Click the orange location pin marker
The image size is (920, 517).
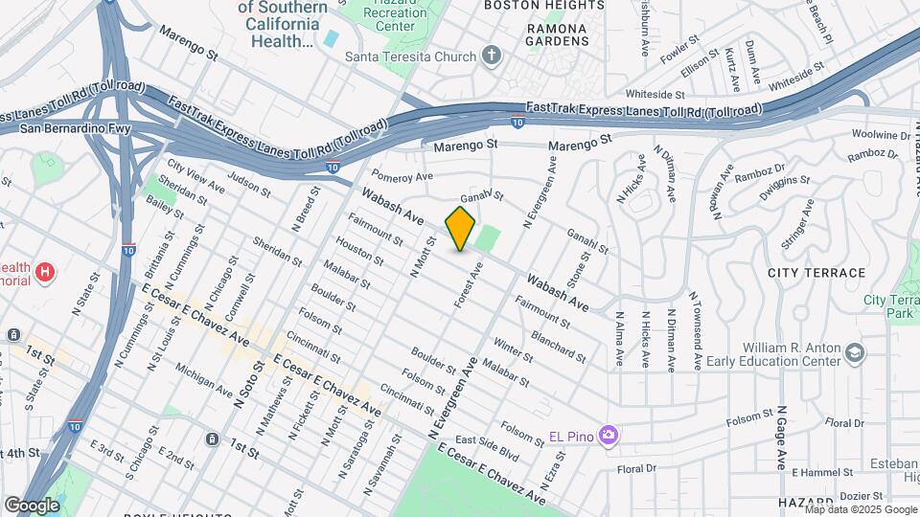tap(461, 229)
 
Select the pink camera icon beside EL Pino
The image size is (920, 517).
tap(608, 437)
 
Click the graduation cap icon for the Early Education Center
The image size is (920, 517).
tap(852, 355)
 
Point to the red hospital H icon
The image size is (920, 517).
tap(44, 273)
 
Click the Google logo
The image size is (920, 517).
tap(32, 505)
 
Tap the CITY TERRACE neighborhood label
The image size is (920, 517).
tap(816, 273)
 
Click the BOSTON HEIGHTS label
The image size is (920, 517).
tap(544, 5)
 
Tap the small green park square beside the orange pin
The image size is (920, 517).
tap(488, 238)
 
